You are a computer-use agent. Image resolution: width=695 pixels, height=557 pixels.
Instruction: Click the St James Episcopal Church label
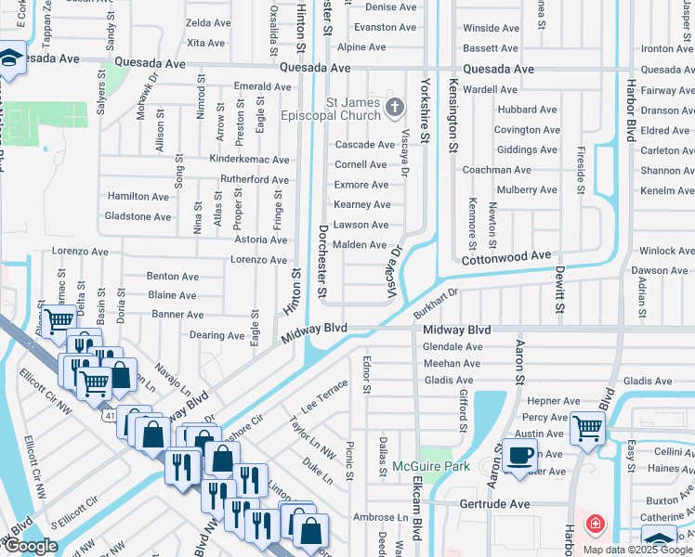pyautogui.click(x=353, y=108)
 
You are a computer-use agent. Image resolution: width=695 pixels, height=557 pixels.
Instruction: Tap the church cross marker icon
pyautogui.click(x=395, y=108)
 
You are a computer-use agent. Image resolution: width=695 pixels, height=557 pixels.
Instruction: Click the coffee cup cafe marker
pyautogui.click(x=519, y=454)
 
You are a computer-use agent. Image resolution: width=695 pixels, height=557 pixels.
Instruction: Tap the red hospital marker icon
pyautogui.click(x=594, y=525)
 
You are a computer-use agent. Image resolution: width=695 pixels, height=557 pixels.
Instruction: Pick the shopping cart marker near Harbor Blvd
pyautogui.click(x=587, y=428)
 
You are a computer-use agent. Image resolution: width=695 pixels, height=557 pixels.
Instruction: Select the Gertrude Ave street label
pyautogui.click(x=496, y=503)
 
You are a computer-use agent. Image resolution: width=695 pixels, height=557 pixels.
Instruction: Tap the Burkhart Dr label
pyautogui.click(x=438, y=298)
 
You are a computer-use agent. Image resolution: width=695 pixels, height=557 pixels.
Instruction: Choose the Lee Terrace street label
pyautogui.click(x=324, y=396)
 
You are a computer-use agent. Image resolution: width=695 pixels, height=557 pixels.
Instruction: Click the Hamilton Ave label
pyautogui.click(x=138, y=197)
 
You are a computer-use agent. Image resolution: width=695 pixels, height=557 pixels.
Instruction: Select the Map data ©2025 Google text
pyautogui.click(x=637, y=550)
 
